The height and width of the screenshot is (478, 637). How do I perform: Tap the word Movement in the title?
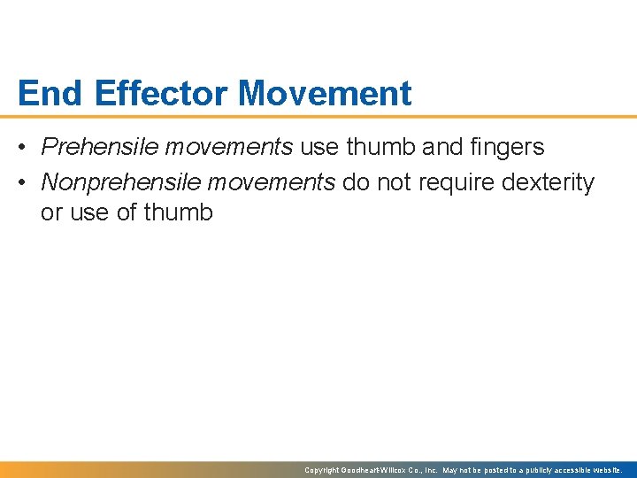tap(326, 93)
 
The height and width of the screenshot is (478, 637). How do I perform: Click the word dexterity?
tap(548, 182)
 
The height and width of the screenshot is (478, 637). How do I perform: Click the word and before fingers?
tap(441, 147)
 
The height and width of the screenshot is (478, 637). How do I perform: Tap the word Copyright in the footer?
tap(322, 470)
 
